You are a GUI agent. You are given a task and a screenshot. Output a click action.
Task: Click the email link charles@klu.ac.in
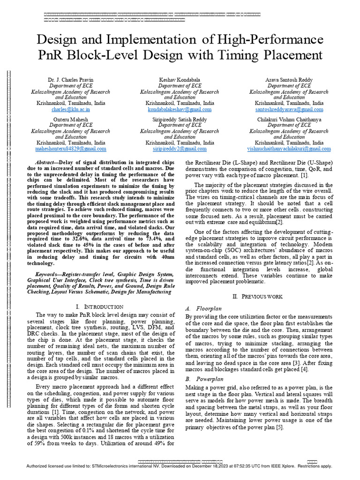(70, 109)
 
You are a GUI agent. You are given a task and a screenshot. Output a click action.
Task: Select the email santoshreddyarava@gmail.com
(289, 109)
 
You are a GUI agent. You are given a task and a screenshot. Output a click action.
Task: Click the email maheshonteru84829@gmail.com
(70, 149)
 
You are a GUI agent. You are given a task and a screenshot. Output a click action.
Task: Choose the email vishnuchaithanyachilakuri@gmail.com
(289, 149)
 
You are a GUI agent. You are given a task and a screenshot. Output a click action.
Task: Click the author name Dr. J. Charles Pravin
(70, 80)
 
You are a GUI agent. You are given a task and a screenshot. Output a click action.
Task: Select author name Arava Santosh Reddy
(289, 80)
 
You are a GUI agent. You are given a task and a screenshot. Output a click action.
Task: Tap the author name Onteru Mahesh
(70, 120)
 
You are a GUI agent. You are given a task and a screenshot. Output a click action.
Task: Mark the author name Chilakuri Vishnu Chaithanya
(289, 120)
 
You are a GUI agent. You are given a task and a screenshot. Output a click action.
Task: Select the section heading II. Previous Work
(258, 297)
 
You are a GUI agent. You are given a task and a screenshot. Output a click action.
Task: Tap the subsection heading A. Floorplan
(202, 309)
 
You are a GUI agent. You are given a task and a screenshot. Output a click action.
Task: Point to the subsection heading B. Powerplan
(203, 379)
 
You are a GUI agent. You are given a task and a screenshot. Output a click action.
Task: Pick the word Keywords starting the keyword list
(51, 274)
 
